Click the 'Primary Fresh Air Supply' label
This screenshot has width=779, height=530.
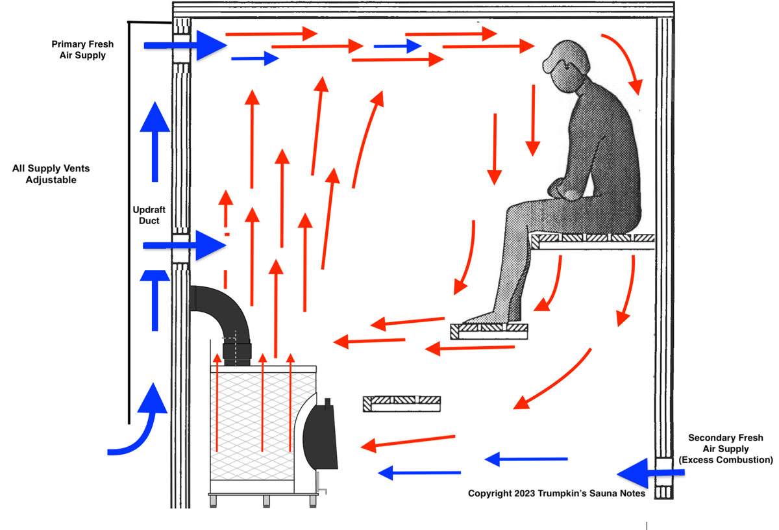82,50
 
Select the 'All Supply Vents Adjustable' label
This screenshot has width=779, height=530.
51,174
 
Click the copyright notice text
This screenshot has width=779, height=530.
556,494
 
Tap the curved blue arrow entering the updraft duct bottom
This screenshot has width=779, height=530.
140,422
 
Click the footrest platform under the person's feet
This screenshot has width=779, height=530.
489,331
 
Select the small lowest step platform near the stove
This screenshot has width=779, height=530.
401,403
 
